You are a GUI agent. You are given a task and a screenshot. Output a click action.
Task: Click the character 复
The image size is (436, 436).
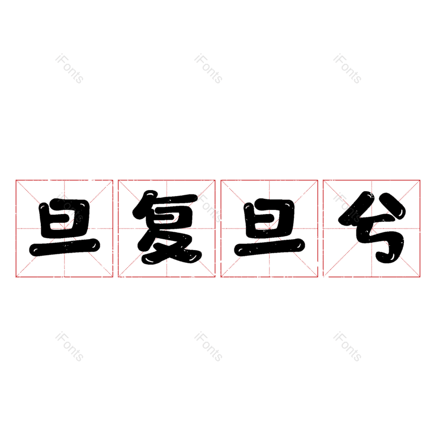pos(167,228)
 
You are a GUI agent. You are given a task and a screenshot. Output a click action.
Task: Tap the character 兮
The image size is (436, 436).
pos(372,228)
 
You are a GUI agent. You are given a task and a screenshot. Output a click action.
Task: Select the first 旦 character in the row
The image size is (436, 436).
pos(64,228)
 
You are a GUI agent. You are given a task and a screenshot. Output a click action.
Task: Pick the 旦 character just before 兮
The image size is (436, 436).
pos(269,228)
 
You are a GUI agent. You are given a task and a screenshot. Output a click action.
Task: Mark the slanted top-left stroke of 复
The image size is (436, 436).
pos(146,202)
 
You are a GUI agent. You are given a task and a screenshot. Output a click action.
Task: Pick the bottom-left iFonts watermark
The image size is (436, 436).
pos(69,347)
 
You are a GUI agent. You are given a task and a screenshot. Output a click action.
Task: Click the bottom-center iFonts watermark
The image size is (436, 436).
pos(208,347)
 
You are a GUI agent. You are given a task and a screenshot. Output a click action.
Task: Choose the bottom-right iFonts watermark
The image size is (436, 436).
pos(347,347)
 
